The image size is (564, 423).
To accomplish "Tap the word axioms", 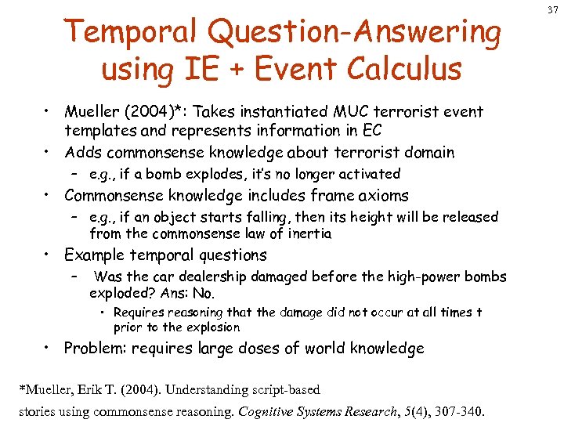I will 381,196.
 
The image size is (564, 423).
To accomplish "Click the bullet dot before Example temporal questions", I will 49,254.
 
